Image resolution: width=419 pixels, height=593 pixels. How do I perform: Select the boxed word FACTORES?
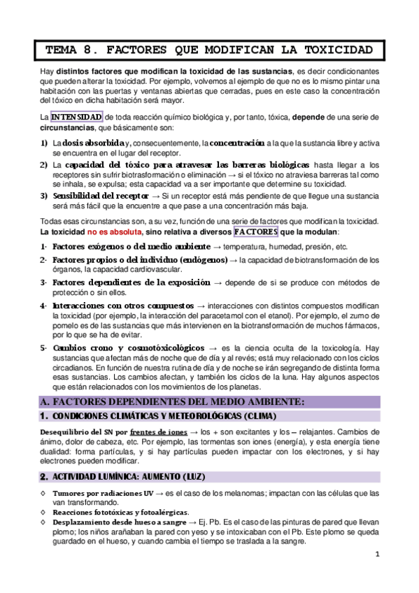(255, 231)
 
